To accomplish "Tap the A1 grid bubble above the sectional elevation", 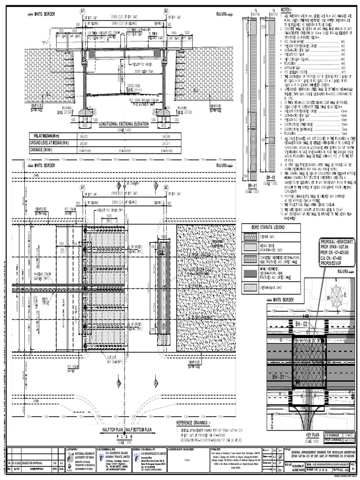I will coord(82,11).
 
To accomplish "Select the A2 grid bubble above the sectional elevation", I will coord(166,11).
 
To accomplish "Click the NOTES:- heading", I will coord(286,10).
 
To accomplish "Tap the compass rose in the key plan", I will coord(336,294).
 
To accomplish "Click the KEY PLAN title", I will coord(311,435).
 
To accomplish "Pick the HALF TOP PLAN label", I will coord(111,429).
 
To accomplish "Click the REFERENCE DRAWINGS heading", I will coord(197,422).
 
